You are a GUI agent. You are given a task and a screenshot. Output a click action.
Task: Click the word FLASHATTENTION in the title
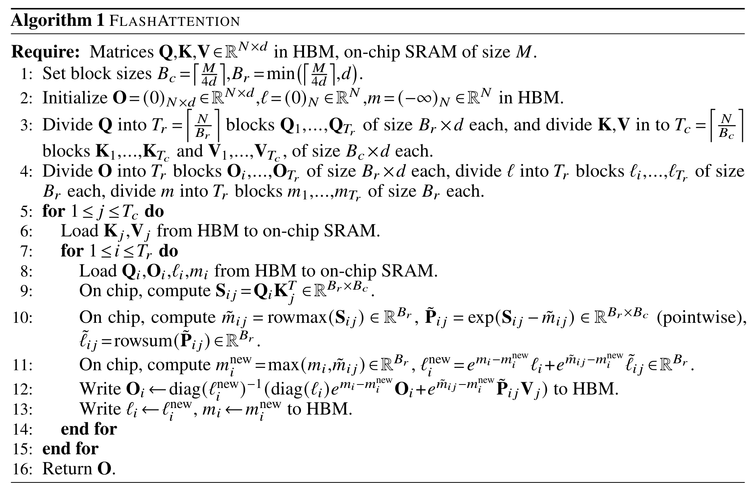coord(175,21)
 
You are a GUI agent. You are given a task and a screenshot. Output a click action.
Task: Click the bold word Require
coord(45,52)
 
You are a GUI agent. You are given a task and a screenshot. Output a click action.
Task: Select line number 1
coord(26,73)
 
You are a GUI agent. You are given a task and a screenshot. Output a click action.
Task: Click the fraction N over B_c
coord(726,126)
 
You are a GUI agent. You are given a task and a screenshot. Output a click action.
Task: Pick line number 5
coord(26,212)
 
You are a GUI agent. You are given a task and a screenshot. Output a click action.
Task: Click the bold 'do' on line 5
coord(154,211)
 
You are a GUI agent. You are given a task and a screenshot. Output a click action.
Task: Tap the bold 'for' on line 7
coord(72,251)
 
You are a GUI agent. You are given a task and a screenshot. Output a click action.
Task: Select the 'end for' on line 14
coord(89,429)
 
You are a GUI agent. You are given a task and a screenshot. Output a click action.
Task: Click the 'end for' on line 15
coord(70,449)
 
